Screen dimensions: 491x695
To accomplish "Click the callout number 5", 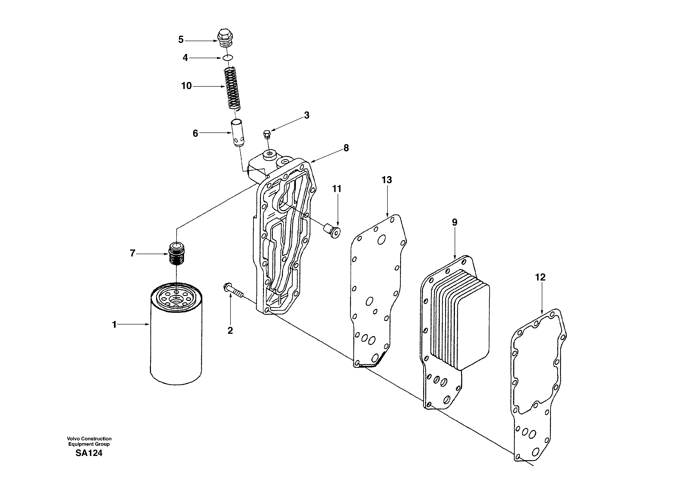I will pyautogui.click(x=181, y=40).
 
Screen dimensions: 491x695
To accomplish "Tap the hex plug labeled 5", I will pyautogui.click(x=225, y=39).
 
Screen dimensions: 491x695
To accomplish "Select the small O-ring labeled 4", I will pyautogui.click(x=228, y=57).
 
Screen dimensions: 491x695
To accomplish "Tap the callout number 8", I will pyautogui.click(x=346, y=148).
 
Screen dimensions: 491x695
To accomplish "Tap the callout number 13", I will pyautogui.click(x=387, y=180).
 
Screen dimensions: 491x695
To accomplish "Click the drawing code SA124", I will pyautogui.click(x=89, y=453).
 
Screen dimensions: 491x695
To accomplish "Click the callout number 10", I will pyautogui.click(x=186, y=86).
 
